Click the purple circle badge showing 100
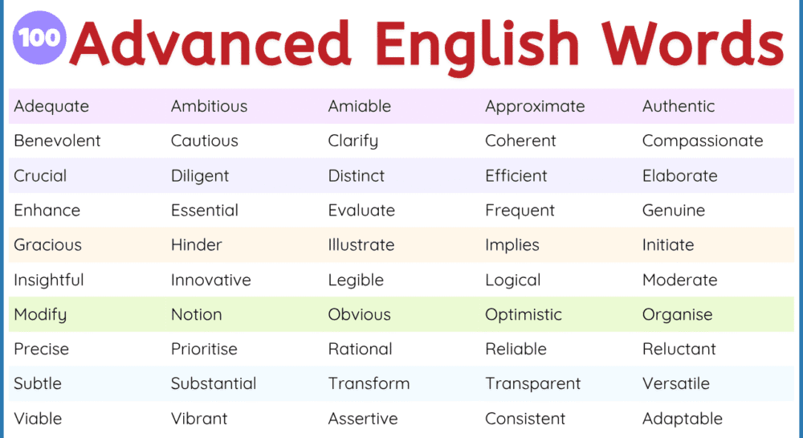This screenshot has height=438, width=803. pos(40,38)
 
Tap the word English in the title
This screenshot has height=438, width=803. pos(478,44)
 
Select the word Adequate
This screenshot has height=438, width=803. pos(51,106)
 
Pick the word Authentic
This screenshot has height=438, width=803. pos(679,106)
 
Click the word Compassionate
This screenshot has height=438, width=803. pos(703,141)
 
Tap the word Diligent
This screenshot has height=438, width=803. pos(200,176)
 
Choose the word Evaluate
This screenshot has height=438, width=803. pos(361,211)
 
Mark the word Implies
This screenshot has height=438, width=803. pos(512,245)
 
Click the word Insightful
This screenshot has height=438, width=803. pos(49,280)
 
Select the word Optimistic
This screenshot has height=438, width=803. pos(524,315)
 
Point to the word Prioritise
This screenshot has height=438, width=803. pos(204,350)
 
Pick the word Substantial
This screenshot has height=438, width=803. pos(214,384)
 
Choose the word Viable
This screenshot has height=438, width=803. pos(38,419)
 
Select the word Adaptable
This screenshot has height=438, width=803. pos(683,419)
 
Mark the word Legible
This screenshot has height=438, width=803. pos(356,280)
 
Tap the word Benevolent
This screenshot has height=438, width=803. pos(57,141)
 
